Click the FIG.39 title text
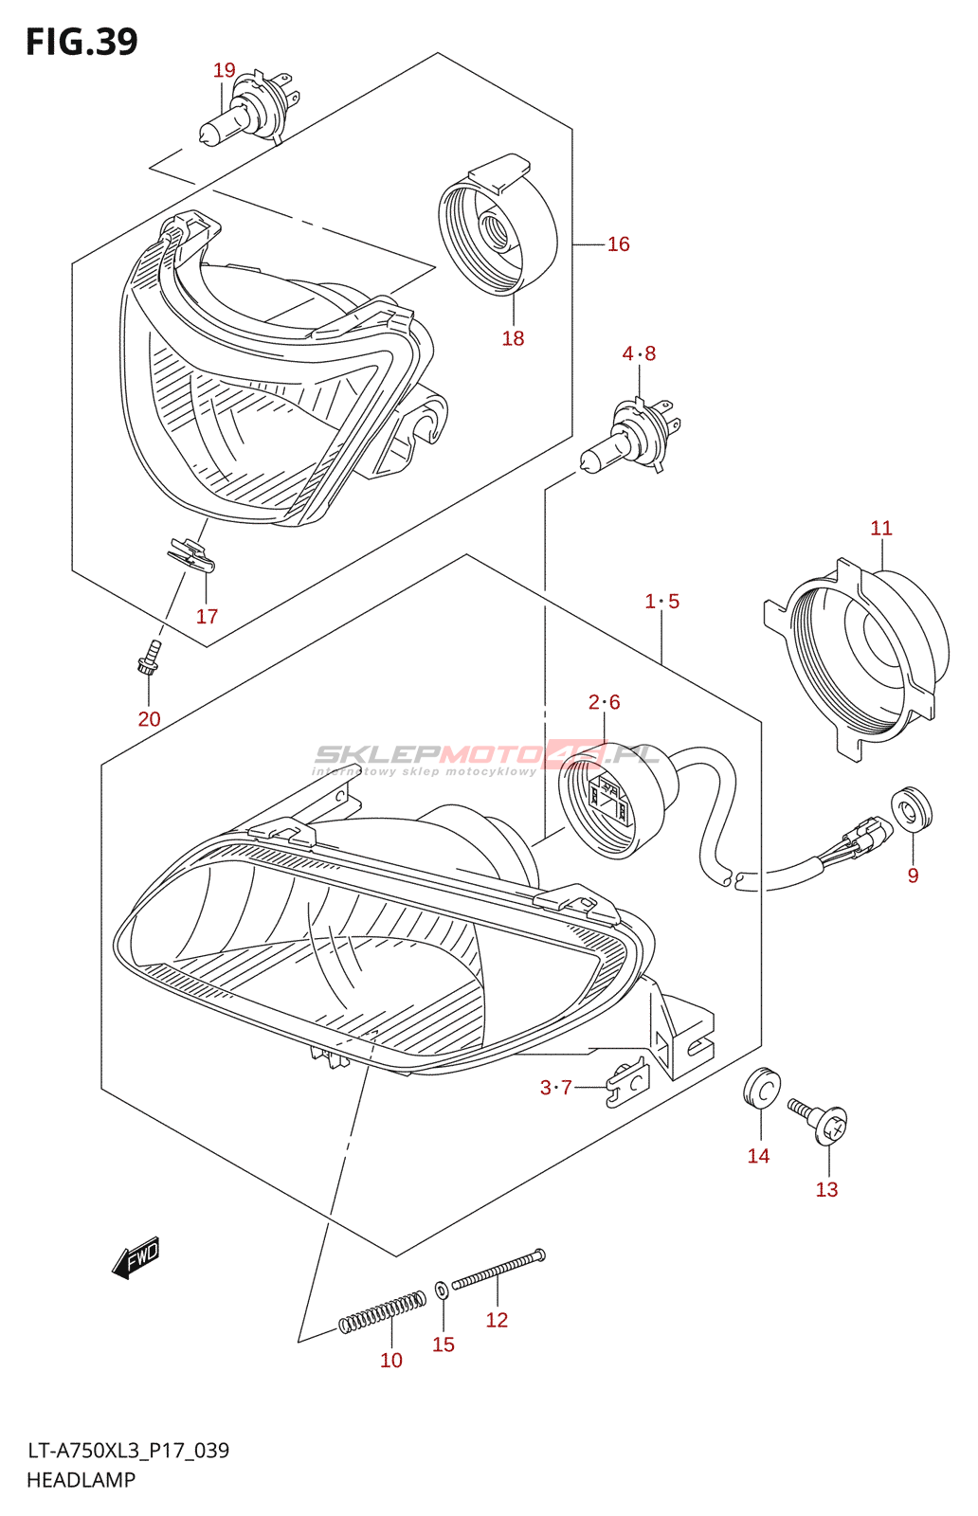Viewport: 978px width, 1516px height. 81,42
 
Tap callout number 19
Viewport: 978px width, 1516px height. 224,70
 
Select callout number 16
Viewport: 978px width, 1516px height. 618,244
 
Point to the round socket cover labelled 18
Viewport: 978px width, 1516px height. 497,226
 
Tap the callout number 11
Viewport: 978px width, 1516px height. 881,528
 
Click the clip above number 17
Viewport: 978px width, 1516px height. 191,556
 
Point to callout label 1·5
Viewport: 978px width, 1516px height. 662,602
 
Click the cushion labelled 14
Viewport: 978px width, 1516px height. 761,1089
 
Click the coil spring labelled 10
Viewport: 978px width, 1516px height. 382,1313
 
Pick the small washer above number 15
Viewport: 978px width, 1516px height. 443,1290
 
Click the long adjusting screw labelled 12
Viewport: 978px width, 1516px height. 498,1270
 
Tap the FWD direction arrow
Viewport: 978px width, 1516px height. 136,1258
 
